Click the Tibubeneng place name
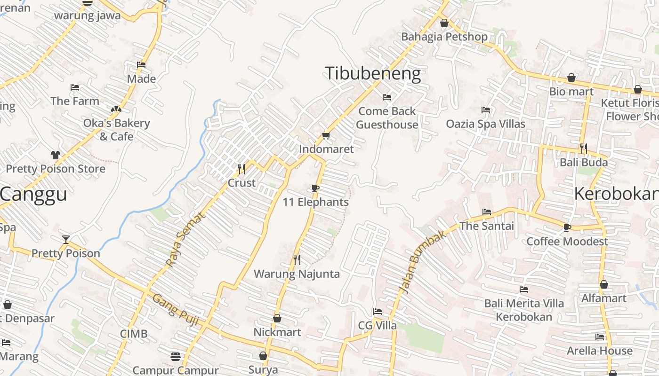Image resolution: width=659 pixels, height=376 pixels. (x=373, y=74)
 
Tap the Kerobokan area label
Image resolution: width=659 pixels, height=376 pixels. (x=616, y=194)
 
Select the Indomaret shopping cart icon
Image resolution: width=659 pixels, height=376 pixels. (x=326, y=136)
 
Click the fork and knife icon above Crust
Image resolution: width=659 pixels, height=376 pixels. (x=241, y=169)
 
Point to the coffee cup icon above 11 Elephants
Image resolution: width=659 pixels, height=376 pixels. (x=315, y=188)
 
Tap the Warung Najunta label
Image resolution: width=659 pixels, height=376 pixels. (x=297, y=274)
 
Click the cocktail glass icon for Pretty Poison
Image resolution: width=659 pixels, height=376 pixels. (x=66, y=240)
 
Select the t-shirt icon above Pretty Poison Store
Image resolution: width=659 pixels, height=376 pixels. (x=56, y=155)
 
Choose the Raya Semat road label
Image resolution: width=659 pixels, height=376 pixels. (x=186, y=240)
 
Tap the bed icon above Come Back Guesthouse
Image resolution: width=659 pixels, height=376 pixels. (x=387, y=97)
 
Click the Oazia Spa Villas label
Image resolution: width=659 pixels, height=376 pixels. (x=486, y=124)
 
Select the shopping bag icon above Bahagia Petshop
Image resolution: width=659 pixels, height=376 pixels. (x=444, y=23)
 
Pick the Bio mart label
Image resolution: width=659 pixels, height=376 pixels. (x=571, y=92)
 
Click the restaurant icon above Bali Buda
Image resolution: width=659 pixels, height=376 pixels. (x=584, y=149)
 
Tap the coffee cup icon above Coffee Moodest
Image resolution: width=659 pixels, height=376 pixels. (x=567, y=227)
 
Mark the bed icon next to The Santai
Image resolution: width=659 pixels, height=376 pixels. (x=487, y=212)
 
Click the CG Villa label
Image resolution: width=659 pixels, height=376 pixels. (x=378, y=326)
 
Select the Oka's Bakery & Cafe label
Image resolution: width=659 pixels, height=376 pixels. (x=116, y=130)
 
